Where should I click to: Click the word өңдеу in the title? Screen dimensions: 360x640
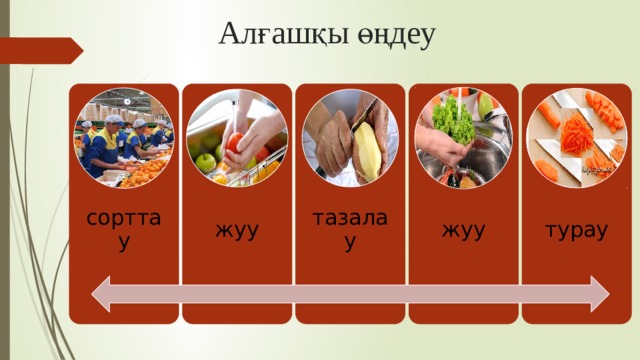pyautogui.click(x=396, y=36)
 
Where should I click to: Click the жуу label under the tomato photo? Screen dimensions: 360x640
pyautogui.click(x=237, y=232)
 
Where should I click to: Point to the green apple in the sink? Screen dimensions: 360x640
pyautogui.click(x=206, y=160)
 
